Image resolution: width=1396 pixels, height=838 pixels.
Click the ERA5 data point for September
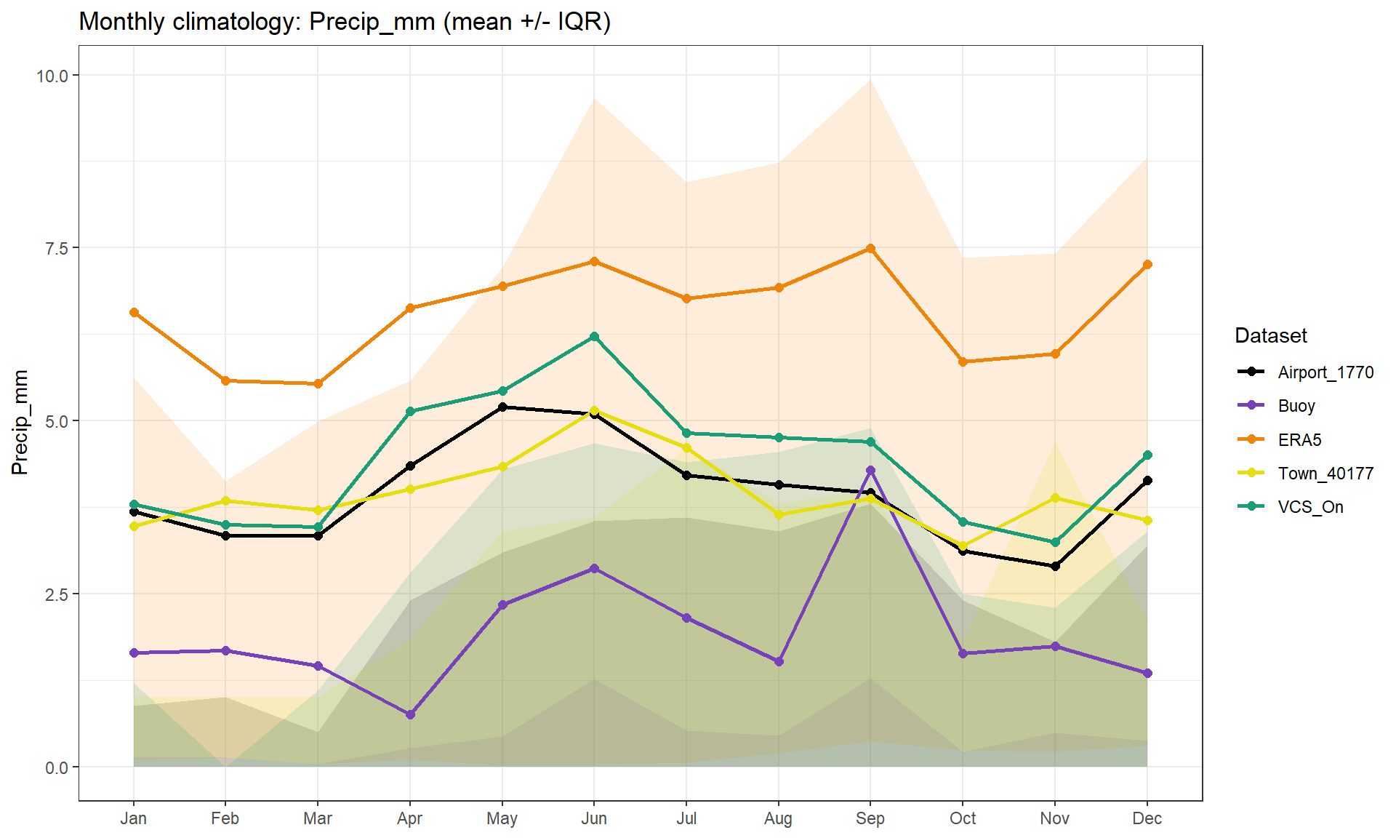[870, 249]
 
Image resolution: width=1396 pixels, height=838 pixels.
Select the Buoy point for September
[870, 471]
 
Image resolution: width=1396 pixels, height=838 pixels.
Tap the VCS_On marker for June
[594, 337]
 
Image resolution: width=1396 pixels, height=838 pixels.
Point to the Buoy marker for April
[410, 714]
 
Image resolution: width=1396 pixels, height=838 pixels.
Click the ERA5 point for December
[1147, 265]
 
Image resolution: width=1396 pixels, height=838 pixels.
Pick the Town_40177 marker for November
[1055, 498]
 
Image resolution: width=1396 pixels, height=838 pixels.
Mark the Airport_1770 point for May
[502, 407]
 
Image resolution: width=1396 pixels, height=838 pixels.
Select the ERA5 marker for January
[134, 313]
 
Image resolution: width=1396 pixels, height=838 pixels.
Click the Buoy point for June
[594, 569]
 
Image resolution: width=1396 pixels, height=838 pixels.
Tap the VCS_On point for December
[1147, 455]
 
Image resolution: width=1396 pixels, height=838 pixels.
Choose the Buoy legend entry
[1296, 406]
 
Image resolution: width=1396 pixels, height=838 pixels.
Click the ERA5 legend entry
[1299, 440]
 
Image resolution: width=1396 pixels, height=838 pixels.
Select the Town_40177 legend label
[1325, 474]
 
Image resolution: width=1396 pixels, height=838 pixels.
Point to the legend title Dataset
[1270, 335]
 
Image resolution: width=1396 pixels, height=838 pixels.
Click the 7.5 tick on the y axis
[57, 248]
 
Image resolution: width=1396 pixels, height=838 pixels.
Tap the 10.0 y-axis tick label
[52, 76]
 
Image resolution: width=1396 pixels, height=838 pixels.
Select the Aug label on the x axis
[778, 818]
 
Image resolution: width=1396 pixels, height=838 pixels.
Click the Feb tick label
[225, 818]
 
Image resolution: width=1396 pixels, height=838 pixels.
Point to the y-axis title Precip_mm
[20, 422]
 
